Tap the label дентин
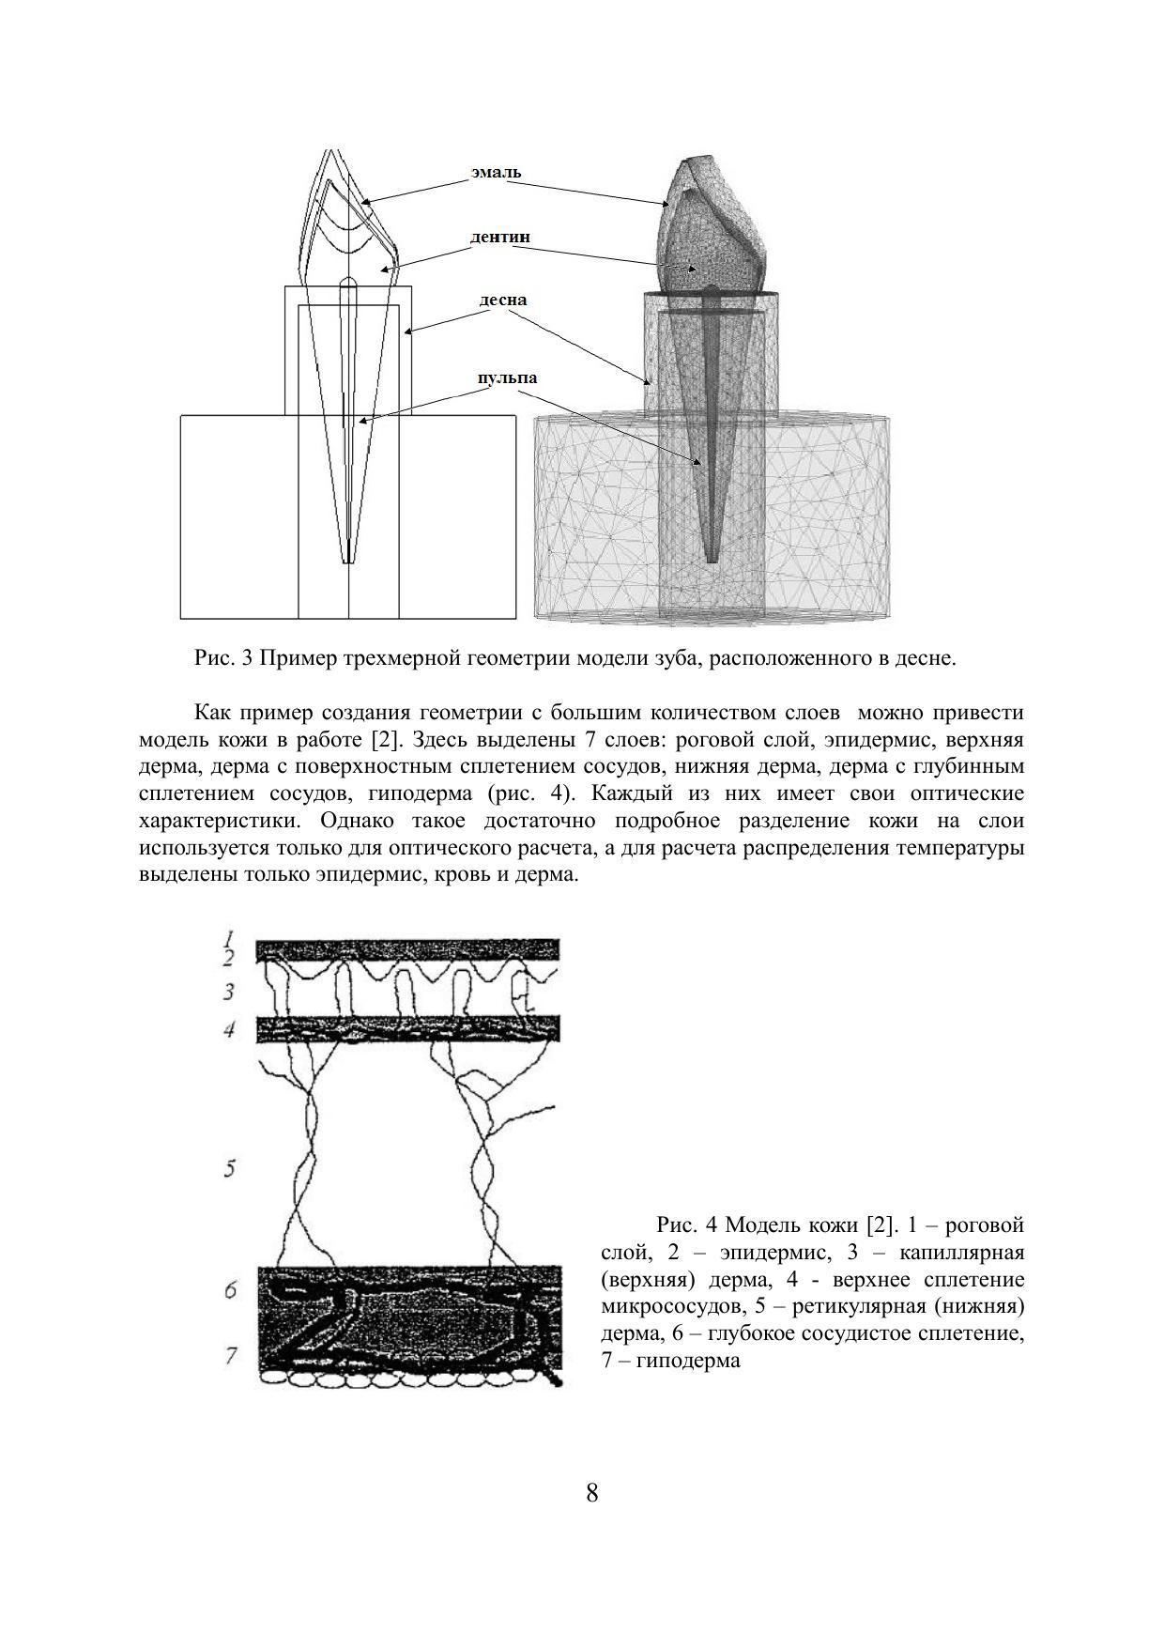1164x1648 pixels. tap(499, 237)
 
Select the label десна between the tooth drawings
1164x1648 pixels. tap(503, 300)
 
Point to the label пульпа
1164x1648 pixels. tap(508, 377)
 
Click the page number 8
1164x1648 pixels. tap(591, 1492)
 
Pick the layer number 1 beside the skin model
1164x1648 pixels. tap(228, 937)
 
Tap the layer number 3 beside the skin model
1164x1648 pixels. tap(228, 992)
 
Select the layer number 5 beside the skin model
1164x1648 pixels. tap(229, 1169)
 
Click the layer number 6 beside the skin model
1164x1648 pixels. tap(229, 1290)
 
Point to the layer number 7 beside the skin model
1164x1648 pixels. tap(229, 1354)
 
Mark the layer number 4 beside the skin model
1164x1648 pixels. tap(228, 1030)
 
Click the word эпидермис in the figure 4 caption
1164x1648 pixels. tap(773, 1252)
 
